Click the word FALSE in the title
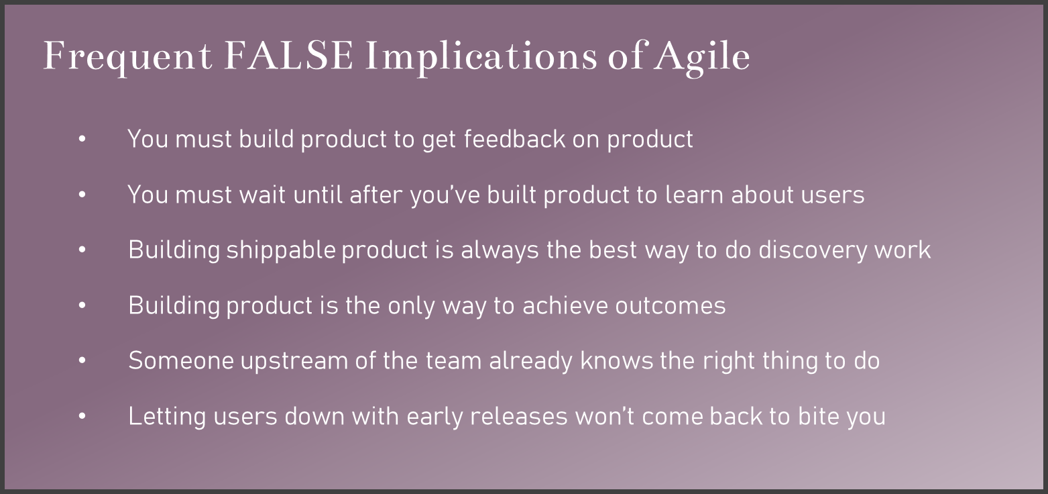click(x=289, y=56)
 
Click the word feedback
click(x=515, y=139)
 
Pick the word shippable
click(x=281, y=251)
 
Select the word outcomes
click(x=670, y=306)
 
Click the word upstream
click(x=294, y=362)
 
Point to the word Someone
click(x=181, y=361)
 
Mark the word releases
click(x=518, y=417)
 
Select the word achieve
click(x=565, y=306)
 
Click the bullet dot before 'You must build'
click(x=82, y=139)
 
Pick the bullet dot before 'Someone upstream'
click(x=82, y=360)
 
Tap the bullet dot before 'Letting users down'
click(x=82, y=416)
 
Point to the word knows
click(x=616, y=361)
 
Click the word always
click(x=500, y=251)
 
